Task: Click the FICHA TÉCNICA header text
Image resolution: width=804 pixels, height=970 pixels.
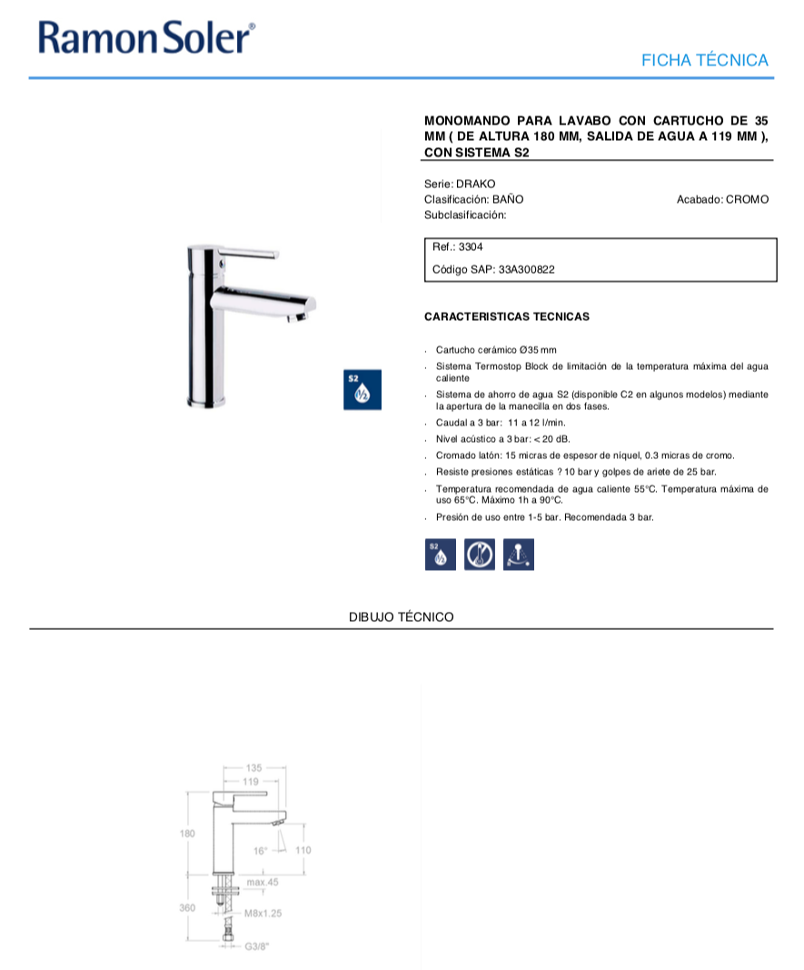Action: pyautogui.click(x=704, y=61)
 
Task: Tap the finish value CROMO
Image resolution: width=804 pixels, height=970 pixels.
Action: pyautogui.click(x=747, y=199)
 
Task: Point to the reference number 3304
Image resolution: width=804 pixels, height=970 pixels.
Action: pyautogui.click(x=472, y=246)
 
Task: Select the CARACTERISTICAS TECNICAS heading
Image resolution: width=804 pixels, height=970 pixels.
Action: pyautogui.click(x=507, y=317)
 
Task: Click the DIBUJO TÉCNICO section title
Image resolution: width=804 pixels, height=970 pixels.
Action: pyautogui.click(x=401, y=617)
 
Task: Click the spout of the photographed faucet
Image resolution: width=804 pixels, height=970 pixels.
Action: pyautogui.click(x=273, y=305)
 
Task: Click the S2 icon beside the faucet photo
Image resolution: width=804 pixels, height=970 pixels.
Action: pyautogui.click(x=361, y=389)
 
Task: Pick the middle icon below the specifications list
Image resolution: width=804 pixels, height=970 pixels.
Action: pyautogui.click(x=479, y=555)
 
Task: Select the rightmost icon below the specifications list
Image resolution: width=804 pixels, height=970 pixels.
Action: pyautogui.click(x=518, y=555)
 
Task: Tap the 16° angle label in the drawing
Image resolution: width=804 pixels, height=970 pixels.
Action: pyautogui.click(x=261, y=851)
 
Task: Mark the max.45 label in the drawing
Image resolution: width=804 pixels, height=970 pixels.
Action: pyautogui.click(x=262, y=882)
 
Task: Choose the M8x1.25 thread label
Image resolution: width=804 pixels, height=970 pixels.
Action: pyautogui.click(x=264, y=913)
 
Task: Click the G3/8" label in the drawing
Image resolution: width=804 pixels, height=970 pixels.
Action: pyautogui.click(x=258, y=946)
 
